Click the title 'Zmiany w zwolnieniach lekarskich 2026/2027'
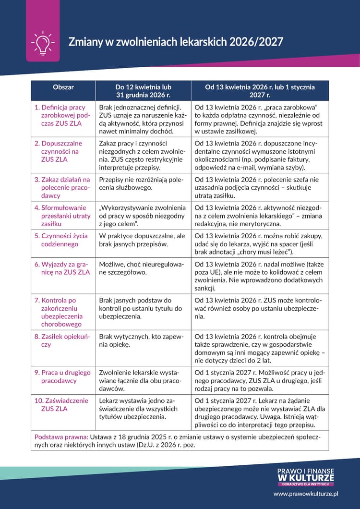click(x=176, y=42)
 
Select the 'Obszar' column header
click(x=63, y=87)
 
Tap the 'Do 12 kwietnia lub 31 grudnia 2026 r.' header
click(x=143, y=91)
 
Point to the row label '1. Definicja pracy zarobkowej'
click(x=62, y=115)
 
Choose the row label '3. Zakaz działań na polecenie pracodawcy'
click(x=62, y=187)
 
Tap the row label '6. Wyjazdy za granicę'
click(x=62, y=268)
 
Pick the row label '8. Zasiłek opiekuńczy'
click(x=62, y=340)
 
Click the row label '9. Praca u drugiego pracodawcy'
click(x=62, y=376)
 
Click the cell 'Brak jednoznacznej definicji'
click(x=143, y=119)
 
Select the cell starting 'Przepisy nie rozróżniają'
click(x=143, y=183)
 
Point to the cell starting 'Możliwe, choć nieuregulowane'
click(x=143, y=268)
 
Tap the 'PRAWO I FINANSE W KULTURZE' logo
click(x=305, y=477)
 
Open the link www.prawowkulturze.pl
click(x=306, y=493)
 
